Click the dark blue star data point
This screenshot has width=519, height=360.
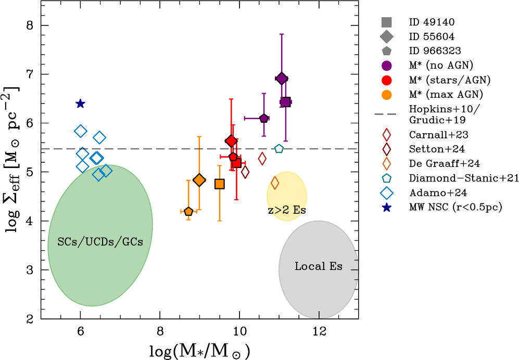tap(80, 104)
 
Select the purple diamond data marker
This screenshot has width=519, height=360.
tap(282, 79)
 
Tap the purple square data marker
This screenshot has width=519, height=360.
tap(285, 102)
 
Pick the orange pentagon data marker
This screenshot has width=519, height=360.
tap(188, 211)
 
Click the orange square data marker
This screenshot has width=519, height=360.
tap(220, 184)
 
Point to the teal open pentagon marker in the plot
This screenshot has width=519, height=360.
tap(279, 149)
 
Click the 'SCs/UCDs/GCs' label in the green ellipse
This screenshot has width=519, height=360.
tap(100, 243)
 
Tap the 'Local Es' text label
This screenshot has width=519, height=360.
tap(319, 266)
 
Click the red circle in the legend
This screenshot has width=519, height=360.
tap(386, 80)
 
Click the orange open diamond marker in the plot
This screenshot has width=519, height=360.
tap(275, 183)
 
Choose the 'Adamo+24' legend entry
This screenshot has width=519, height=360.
tap(431, 192)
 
